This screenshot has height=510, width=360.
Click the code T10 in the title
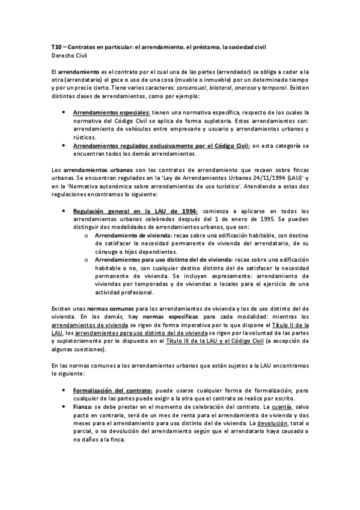click(58, 46)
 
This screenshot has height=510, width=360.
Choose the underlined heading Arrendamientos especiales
click(111, 112)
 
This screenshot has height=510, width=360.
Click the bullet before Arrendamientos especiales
click(64, 112)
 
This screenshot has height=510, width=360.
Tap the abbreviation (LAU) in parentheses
click(278, 178)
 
